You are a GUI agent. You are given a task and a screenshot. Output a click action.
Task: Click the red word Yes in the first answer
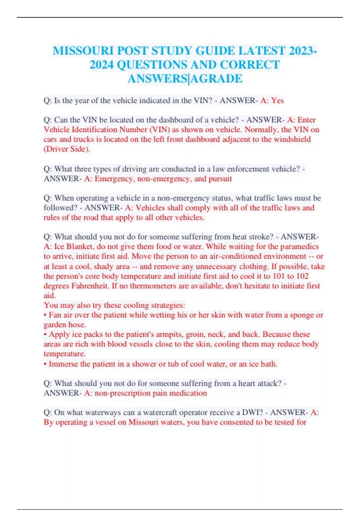click(x=277, y=100)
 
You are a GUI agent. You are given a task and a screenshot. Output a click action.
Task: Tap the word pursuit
click(x=220, y=179)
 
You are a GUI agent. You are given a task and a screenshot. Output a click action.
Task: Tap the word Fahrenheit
click(x=90, y=286)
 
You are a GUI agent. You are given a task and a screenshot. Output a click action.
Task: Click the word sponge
click(x=301, y=315)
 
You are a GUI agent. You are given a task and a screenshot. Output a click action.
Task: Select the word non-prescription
click(x=122, y=393)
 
